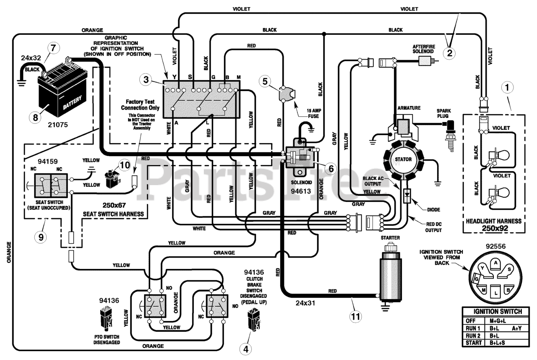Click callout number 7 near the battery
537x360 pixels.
coord(53,48)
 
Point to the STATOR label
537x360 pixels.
coord(403,159)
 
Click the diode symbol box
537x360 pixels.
coord(407,196)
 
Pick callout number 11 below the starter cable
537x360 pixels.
coord(355,317)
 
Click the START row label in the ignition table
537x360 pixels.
coord(474,343)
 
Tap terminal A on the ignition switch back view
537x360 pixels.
coord(495,263)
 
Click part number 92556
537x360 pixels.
coord(495,246)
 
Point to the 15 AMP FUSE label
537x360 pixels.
coord(314,113)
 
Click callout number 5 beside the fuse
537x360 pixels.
coord(265,81)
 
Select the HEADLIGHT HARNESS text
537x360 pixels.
coord(494,221)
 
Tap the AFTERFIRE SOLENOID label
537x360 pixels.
coord(423,49)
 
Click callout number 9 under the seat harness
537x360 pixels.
coord(41,237)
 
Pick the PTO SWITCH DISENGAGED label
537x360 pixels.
coord(107,339)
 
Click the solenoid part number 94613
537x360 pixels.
coord(301,191)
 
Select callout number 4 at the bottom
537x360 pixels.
coord(246,349)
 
